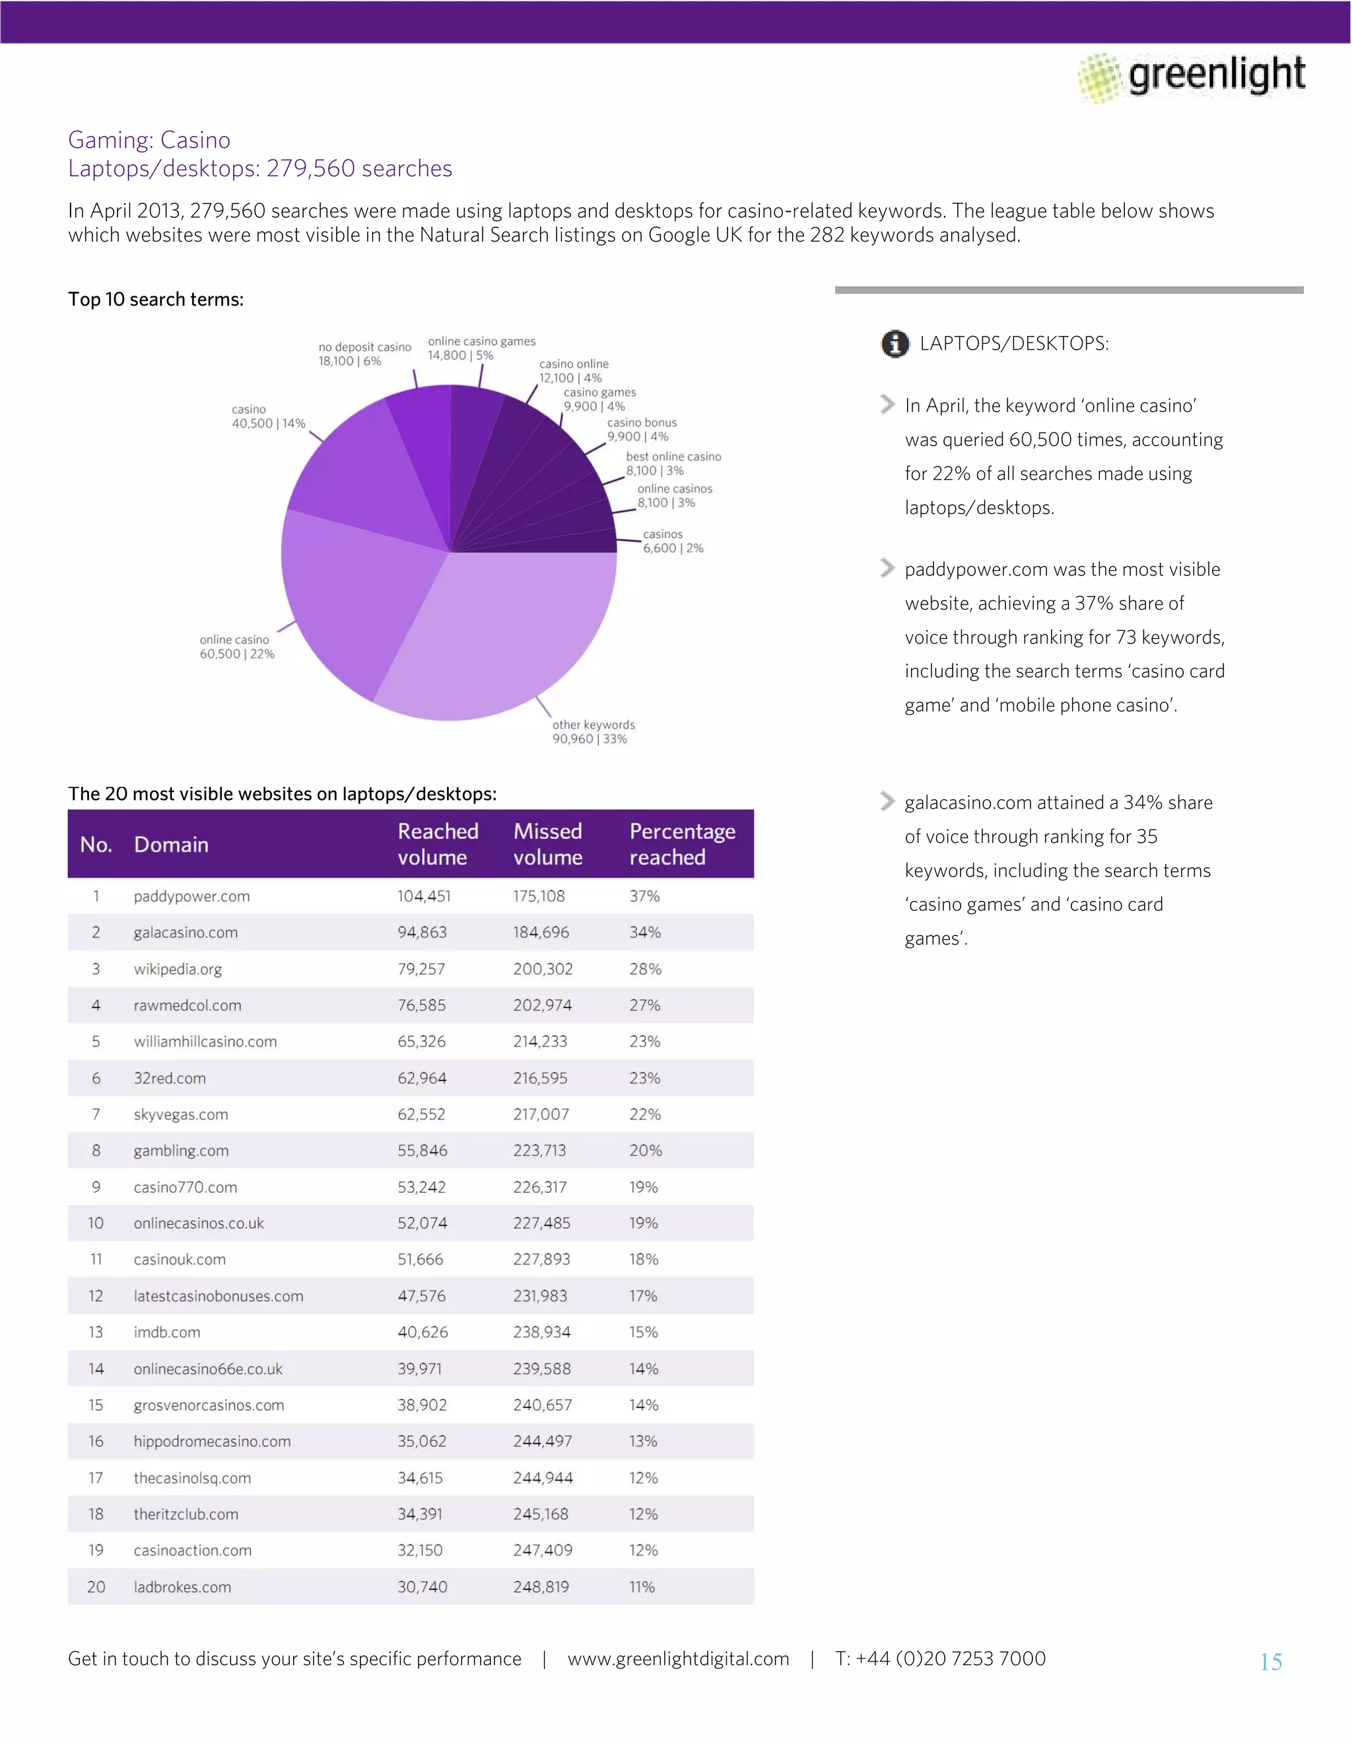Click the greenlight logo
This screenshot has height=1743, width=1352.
[1192, 77]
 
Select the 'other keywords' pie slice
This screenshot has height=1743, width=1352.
[503, 630]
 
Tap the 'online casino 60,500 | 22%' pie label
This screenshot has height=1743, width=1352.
[236, 646]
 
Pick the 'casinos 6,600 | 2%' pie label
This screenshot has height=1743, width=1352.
[673, 541]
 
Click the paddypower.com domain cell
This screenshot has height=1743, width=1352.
[191, 896]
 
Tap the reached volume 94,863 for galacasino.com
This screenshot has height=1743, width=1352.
[422, 932]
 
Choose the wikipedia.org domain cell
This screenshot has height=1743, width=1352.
[178, 969]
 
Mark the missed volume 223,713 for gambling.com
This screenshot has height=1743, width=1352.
[539, 1150]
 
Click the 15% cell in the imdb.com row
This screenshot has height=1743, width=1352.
[643, 1332]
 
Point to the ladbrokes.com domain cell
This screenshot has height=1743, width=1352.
[183, 1587]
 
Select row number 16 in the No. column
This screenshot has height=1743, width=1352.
[96, 1441]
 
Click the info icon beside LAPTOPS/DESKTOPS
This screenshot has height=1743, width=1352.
[895, 344]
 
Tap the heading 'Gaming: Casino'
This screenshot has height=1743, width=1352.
[149, 140]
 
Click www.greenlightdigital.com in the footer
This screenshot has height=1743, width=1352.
[677, 1659]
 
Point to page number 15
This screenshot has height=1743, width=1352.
[1271, 1662]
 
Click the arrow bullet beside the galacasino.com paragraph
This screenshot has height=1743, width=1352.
[887, 801]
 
